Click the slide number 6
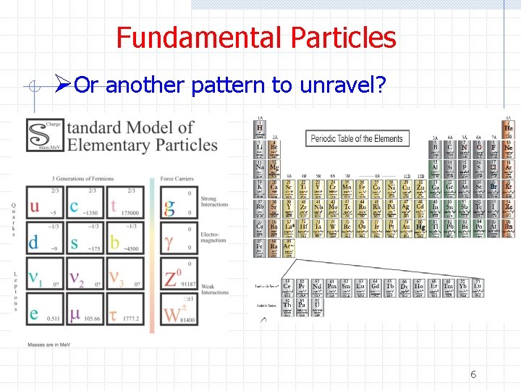point(473,374)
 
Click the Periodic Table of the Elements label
point(357,138)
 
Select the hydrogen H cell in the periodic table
point(260,129)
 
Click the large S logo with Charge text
point(44,135)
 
